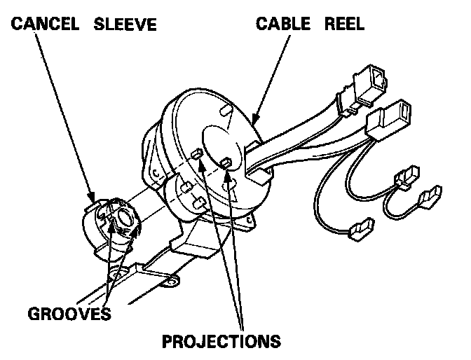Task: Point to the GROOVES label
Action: (x=69, y=312)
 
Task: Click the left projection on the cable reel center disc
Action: (x=197, y=153)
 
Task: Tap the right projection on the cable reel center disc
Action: (x=226, y=164)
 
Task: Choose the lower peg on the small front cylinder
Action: (x=199, y=204)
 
